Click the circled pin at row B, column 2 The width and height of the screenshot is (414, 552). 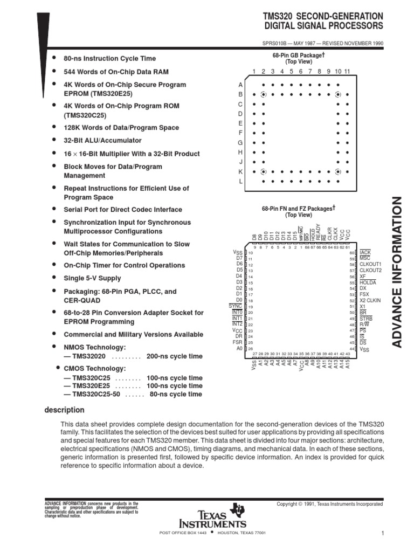click(263, 94)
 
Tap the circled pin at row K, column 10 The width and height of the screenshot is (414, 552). click(338, 172)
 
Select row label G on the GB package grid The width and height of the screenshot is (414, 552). click(241, 143)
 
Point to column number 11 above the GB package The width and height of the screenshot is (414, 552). click(347, 72)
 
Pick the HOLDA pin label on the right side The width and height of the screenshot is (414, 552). click(368, 282)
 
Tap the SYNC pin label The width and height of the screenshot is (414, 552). click(236, 306)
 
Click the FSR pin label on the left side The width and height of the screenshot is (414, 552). click(238, 342)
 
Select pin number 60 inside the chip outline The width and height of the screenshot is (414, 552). click(351, 253)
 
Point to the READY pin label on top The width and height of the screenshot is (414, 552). click(318, 232)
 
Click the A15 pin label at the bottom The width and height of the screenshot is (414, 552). click(348, 364)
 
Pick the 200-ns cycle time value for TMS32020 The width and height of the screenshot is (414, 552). click(167, 356)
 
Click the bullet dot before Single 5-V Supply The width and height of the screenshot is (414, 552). click(54, 278)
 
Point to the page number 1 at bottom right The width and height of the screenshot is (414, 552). click(382, 534)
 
